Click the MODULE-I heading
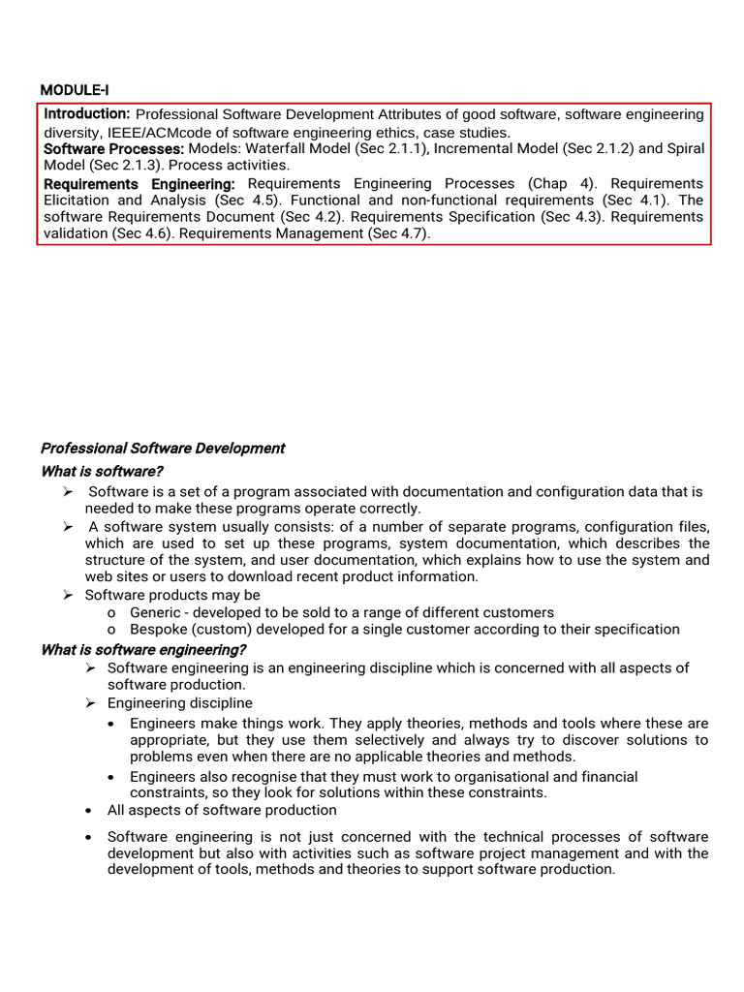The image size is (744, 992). [74, 90]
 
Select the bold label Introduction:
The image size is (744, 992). [87, 114]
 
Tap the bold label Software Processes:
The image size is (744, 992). [114, 148]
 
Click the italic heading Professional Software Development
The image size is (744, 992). [163, 449]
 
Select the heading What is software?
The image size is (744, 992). [102, 471]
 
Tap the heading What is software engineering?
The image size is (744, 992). [143, 649]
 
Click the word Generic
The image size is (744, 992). [155, 612]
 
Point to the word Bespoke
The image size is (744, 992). [159, 630]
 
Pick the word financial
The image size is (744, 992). [607, 777]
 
